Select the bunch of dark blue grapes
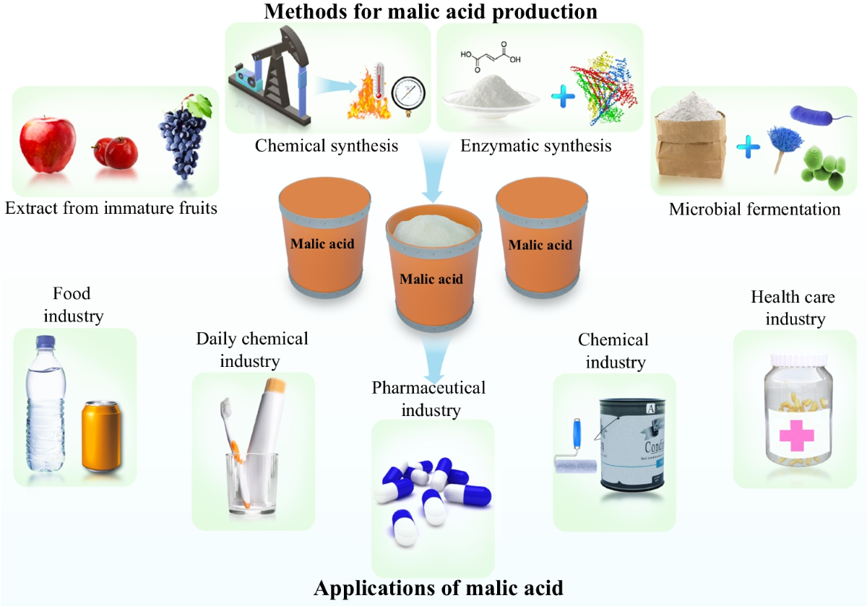pyautogui.click(x=181, y=142)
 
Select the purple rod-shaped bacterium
pyautogui.click(x=812, y=114)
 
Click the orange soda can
pyautogui.click(x=102, y=438)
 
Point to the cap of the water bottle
pyautogui.click(x=46, y=344)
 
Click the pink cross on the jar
pyautogui.click(x=796, y=434)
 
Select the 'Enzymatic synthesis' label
pyautogui.click(x=535, y=146)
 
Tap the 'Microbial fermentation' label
pyautogui.click(x=754, y=209)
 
